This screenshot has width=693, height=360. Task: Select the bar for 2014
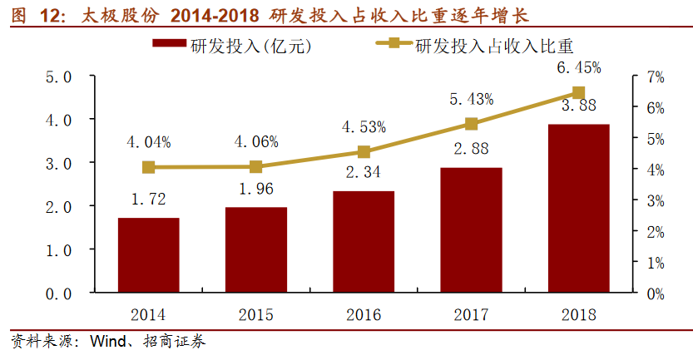148,255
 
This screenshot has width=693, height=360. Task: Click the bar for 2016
364,242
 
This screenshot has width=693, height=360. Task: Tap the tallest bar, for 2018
578,209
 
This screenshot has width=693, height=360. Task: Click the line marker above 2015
256,166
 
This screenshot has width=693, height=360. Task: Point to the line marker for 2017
471,124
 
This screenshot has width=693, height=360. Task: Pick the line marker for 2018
578,93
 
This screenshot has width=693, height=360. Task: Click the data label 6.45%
580,67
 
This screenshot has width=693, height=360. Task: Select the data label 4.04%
148,142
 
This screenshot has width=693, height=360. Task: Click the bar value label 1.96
256,190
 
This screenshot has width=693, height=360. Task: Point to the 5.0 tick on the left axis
56,77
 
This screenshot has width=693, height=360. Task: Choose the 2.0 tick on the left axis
56,207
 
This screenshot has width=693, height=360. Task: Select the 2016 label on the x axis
364,315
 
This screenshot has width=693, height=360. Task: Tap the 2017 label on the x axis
471,315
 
